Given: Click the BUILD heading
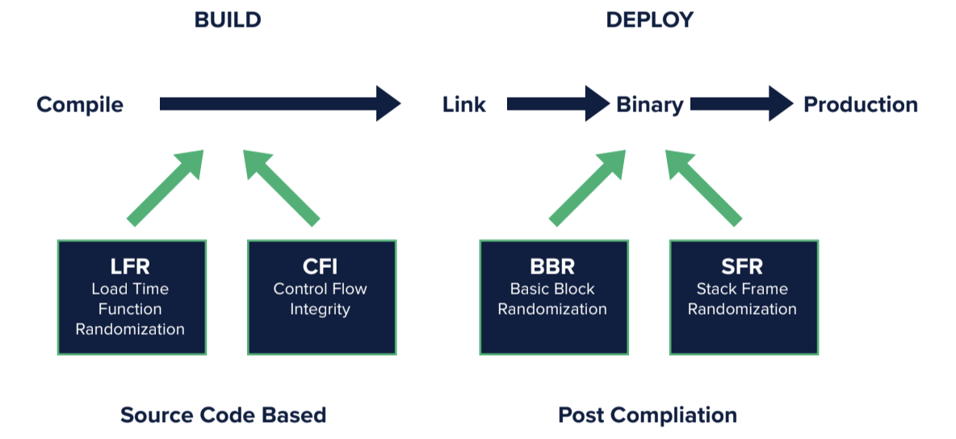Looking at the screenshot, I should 228,20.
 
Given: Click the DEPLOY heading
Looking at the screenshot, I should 649,20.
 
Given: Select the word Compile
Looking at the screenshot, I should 80,105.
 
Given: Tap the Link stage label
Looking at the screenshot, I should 464,105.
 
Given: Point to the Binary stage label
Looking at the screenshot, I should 650,105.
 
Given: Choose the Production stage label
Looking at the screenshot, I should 860,105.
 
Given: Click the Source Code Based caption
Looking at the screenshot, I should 224,416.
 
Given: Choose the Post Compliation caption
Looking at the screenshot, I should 648,416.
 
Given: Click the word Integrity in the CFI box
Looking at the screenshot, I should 321,309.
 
